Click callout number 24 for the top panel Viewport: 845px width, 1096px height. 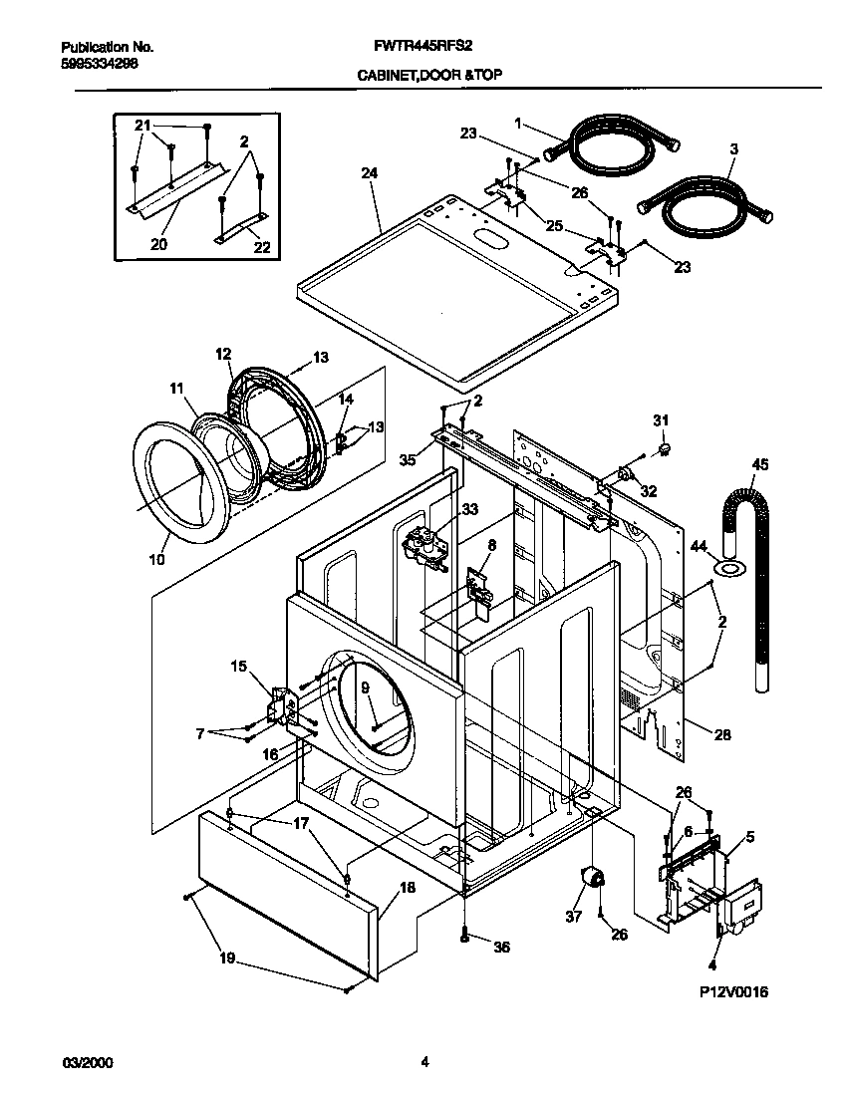pos(369,172)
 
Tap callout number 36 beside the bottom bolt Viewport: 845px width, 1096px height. pos(501,947)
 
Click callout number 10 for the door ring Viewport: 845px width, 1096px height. pos(156,560)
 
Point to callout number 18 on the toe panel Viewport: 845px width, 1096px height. pos(407,887)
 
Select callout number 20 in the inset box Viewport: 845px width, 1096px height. pos(159,242)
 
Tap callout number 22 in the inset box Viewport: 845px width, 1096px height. pos(262,247)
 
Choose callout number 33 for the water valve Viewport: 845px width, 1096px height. pos(469,509)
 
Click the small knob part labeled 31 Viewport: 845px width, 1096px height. pos(662,451)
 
